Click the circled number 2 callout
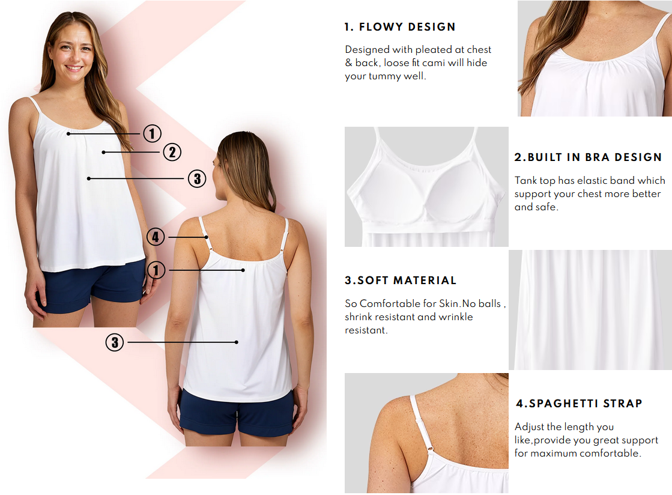coord(172,152)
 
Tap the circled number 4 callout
coord(156,237)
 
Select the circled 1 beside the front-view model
coord(153,133)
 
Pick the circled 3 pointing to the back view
coord(114,342)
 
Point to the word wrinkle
coord(455,317)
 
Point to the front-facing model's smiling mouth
coord(74,68)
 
